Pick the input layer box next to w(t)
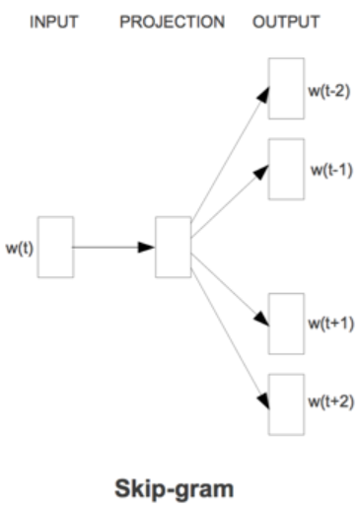point(55,246)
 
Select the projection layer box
point(172,246)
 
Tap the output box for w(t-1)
point(287,169)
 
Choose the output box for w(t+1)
point(287,324)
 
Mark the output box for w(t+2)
point(287,403)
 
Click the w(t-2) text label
point(326,93)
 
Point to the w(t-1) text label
point(329,169)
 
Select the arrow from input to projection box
point(111,246)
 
